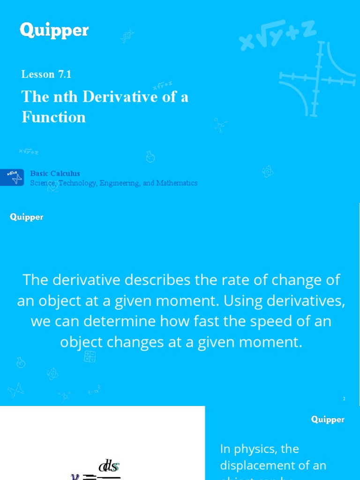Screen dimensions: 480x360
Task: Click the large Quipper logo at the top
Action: pyautogui.click(x=54, y=31)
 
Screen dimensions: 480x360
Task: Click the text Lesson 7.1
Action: pyautogui.click(x=46, y=74)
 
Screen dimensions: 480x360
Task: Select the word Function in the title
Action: pyautogui.click(x=54, y=117)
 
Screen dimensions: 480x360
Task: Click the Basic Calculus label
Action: pyautogui.click(x=55, y=173)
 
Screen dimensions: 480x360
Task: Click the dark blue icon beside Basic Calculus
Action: pyautogui.click(x=12, y=177)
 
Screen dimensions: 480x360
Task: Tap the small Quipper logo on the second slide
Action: pyautogui.click(x=27, y=217)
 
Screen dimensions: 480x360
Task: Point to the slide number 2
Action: pyautogui.click(x=344, y=399)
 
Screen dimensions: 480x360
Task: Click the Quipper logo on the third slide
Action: pyautogui.click(x=328, y=420)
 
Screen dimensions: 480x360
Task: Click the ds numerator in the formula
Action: pyautogui.click(x=109, y=467)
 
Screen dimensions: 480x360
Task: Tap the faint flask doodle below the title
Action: pyautogui.click(x=150, y=157)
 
